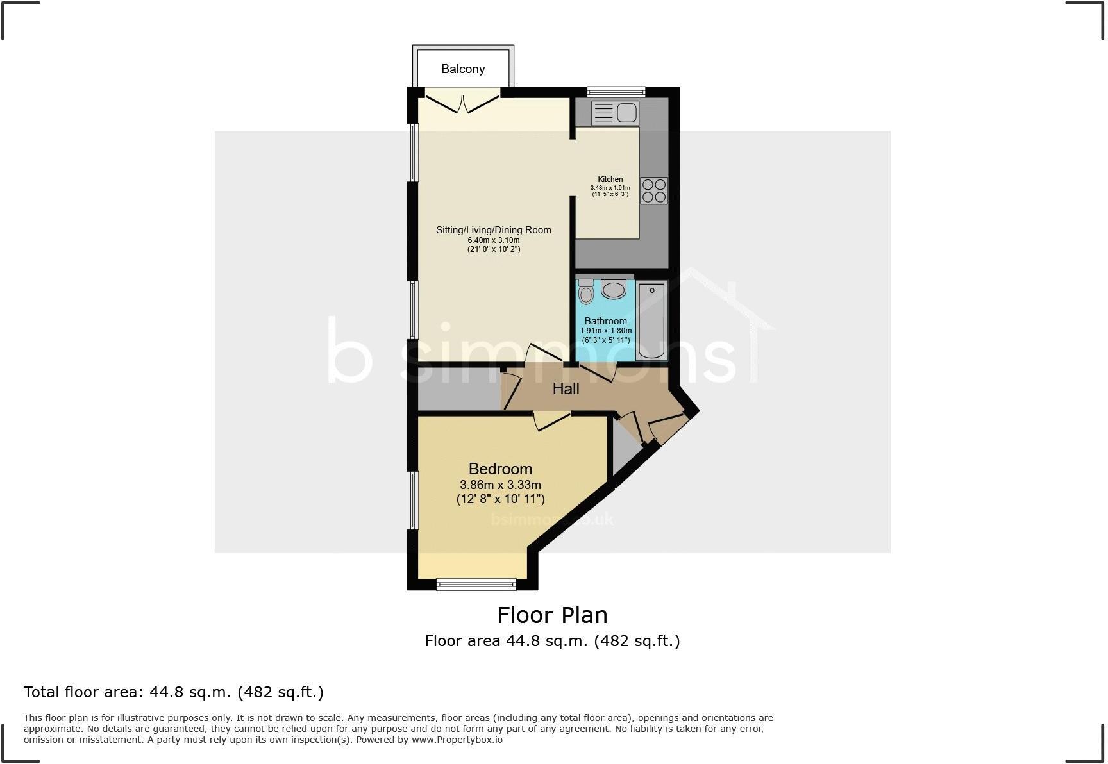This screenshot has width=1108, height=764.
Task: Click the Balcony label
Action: coord(463,69)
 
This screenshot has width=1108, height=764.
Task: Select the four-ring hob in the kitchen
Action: coord(653,190)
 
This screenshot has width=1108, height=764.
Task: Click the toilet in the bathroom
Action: coord(585,292)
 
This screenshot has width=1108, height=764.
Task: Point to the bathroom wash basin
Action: coord(614,290)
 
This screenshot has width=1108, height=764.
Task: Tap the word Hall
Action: coord(566,388)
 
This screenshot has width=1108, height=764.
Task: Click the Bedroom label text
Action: coord(500,469)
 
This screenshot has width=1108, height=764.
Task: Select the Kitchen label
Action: coord(610,179)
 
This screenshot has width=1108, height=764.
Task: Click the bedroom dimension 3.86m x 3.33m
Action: coord(500,485)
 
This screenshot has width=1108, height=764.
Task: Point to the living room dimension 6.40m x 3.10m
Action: coord(493,240)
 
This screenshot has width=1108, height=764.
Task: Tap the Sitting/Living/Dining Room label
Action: coord(493,230)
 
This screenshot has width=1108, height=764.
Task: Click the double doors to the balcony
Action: coord(462,101)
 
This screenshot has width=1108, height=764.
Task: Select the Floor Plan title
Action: coord(552,615)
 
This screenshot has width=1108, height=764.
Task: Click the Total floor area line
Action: coord(173,692)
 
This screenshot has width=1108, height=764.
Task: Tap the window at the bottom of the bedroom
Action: coord(476,584)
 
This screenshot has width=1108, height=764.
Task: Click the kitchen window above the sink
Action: coord(616,92)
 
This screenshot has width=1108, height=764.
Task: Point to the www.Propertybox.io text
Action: coord(457,740)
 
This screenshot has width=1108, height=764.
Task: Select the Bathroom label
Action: coord(605,321)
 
